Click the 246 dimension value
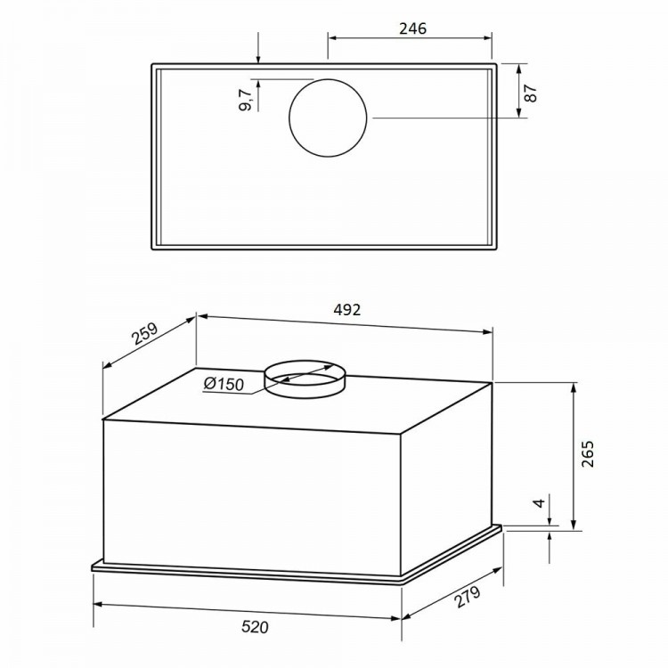[412, 29]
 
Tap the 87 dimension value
[531, 94]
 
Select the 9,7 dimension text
[246, 101]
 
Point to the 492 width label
[346, 310]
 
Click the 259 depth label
[144, 334]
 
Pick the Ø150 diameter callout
[224, 384]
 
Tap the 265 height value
[588, 454]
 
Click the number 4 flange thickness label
[540, 502]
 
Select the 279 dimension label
[467, 597]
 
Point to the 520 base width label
[256, 627]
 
